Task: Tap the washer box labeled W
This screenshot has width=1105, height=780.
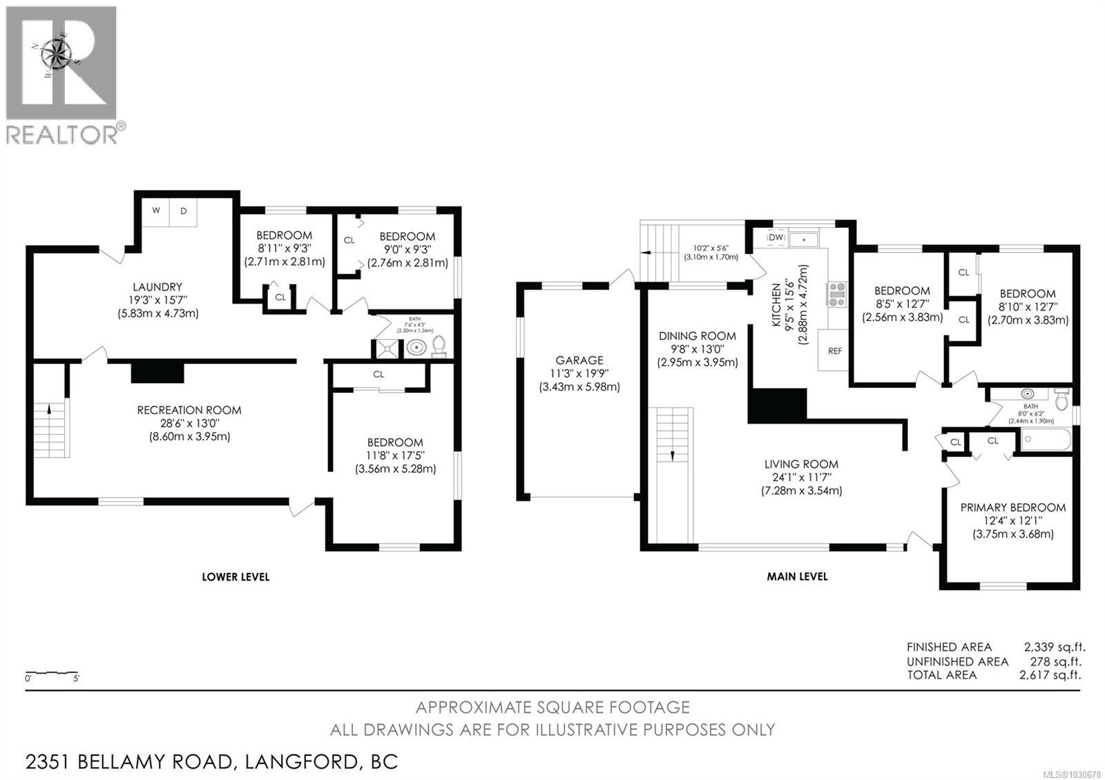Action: coord(156,211)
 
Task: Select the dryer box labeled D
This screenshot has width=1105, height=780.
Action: coord(184,211)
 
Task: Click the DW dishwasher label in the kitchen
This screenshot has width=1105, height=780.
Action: coord(776,237)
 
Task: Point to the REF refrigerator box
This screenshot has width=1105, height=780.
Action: coord(834,351)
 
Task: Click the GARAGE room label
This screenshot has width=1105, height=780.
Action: coord(579,360)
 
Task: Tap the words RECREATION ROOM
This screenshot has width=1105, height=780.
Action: coord(189,410)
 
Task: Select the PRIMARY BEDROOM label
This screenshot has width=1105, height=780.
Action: coord(1012,507)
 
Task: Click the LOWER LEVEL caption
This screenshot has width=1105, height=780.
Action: coord(236,576)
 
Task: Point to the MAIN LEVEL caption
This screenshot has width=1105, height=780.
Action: coord(797,576)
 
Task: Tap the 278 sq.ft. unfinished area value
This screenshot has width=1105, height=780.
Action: coord(1057,661)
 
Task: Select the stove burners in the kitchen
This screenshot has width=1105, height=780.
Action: coord(837,294)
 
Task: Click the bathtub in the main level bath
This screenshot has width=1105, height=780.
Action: coord(1046,440)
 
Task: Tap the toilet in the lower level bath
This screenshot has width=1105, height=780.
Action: coord(439,347)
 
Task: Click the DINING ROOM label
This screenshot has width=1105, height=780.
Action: coord(697,336)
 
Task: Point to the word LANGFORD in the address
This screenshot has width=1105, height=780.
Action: coord(298,762)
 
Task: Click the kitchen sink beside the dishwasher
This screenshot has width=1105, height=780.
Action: coord(804,239)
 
